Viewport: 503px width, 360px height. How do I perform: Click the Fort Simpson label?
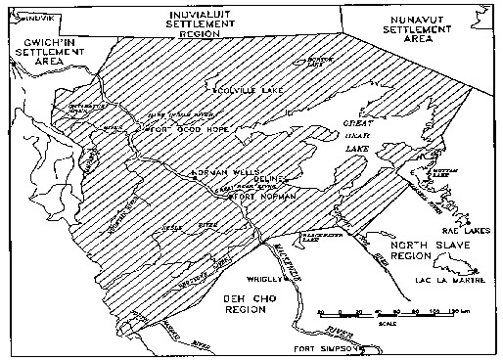pos(320,348)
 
